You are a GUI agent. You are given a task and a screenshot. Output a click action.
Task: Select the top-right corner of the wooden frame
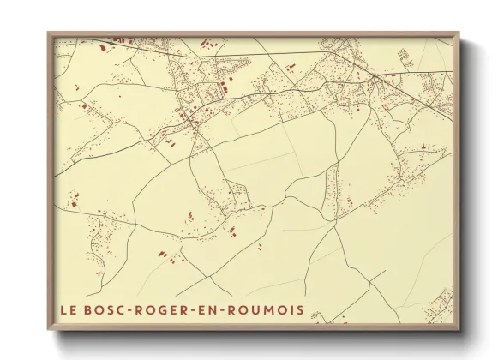(460, 33)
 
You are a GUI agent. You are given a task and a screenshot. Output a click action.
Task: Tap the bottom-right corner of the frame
(460, 330)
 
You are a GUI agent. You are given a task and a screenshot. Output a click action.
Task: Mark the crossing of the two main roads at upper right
(375, 77)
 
